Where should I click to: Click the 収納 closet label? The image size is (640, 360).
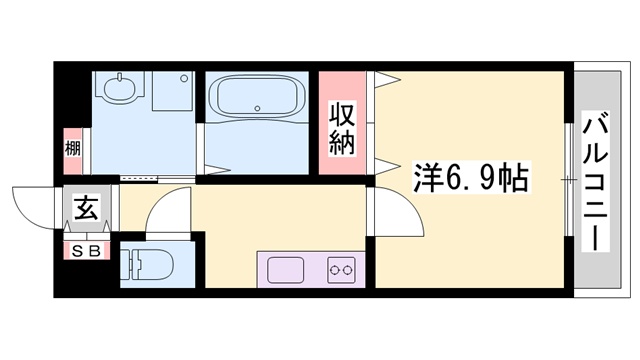[x=343, y=127]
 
